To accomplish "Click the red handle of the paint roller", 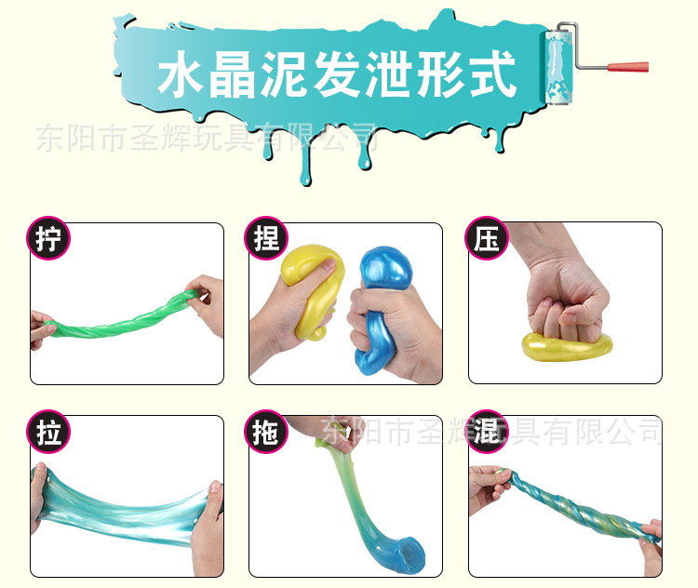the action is pyautogui.click(x=628, y=67).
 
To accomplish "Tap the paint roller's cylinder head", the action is pyautogui.click(x=557, y=67).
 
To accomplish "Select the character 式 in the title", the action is pyautogui.click(x=492, y=73).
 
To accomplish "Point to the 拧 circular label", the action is pyautogui.click(x=48, y=238).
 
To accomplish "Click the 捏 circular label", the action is pyautogui.click(x=266, y=238).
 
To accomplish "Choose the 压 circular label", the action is pyautogui.click(x=486, y=238).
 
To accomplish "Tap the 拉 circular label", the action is pyautogui.click(x=48, y=432).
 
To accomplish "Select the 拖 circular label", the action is pyautogui.click(x=266, y=432).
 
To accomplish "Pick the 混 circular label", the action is pyautogui.click(x=486, y=432).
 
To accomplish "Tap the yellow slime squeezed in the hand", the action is pyautogui.click(x=312, y=289).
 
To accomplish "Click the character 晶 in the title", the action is pyautogui.click(x=233, y=74).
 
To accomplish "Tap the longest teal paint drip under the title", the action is pyautogui.click(x=305, y=160).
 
